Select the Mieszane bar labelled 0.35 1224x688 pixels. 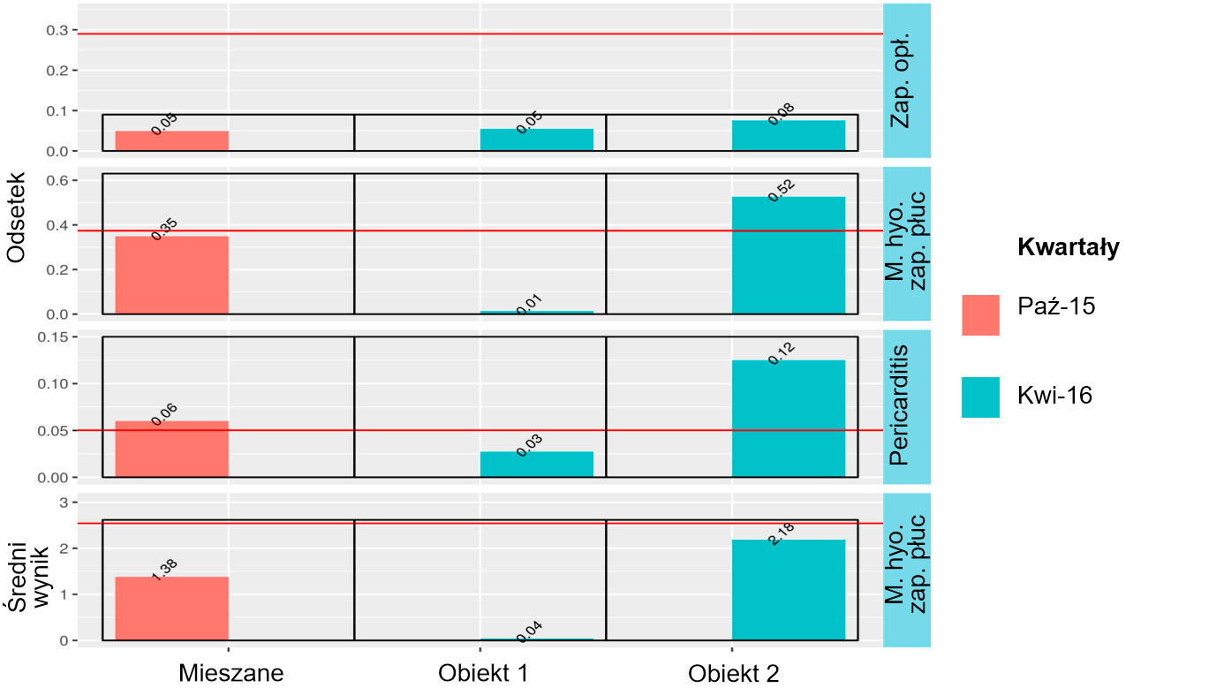click(172, 275)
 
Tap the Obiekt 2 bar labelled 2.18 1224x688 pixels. click(789, 589)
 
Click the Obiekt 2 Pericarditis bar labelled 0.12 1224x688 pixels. click(789, 419)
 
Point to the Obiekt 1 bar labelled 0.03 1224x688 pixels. click(537, 465)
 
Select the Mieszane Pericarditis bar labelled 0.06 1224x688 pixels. click(172, 449)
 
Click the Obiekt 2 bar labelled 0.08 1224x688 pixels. click(789, 136)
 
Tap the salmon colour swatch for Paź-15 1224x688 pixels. click(980, 315)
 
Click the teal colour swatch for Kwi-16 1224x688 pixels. click(980, 397)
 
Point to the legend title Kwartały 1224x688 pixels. click(1069, 248)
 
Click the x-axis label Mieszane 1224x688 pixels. click(231, 673)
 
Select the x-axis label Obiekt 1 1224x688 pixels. click(482, 673)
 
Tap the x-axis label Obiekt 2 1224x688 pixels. click(734, 673)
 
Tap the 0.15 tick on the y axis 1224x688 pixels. click(56, 336)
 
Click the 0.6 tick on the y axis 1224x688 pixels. click(61, 181)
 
